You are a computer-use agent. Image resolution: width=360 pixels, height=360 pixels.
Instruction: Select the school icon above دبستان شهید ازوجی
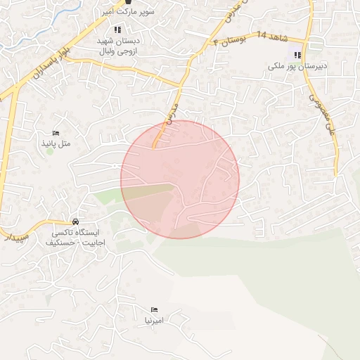[117, 30]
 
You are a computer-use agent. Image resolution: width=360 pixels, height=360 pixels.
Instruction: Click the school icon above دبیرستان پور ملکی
[298, 55]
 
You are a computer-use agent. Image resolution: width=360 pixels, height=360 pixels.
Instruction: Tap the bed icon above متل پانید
[56, 134]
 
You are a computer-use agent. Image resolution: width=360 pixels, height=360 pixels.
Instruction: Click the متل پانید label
[56, 144]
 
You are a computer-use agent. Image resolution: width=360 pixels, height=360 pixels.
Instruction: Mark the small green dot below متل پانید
[50, 153]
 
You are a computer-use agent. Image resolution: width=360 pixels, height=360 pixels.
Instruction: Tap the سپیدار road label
[14, 236]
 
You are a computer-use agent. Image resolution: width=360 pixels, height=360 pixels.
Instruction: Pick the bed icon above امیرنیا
[154, 309]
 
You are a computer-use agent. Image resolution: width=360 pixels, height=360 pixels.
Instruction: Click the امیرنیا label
[154, 320]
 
